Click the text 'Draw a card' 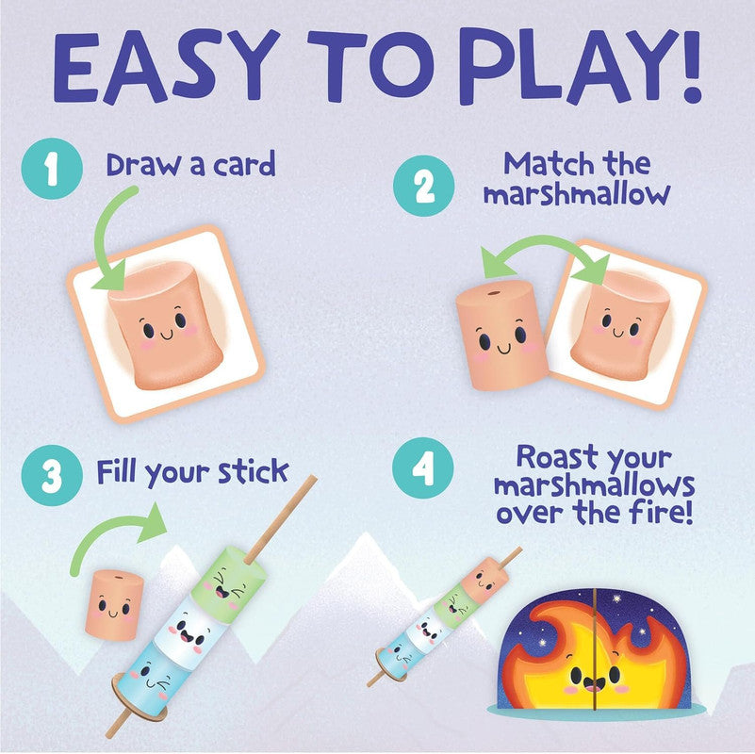pos(190,166)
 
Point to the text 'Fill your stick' pos(192,471)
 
